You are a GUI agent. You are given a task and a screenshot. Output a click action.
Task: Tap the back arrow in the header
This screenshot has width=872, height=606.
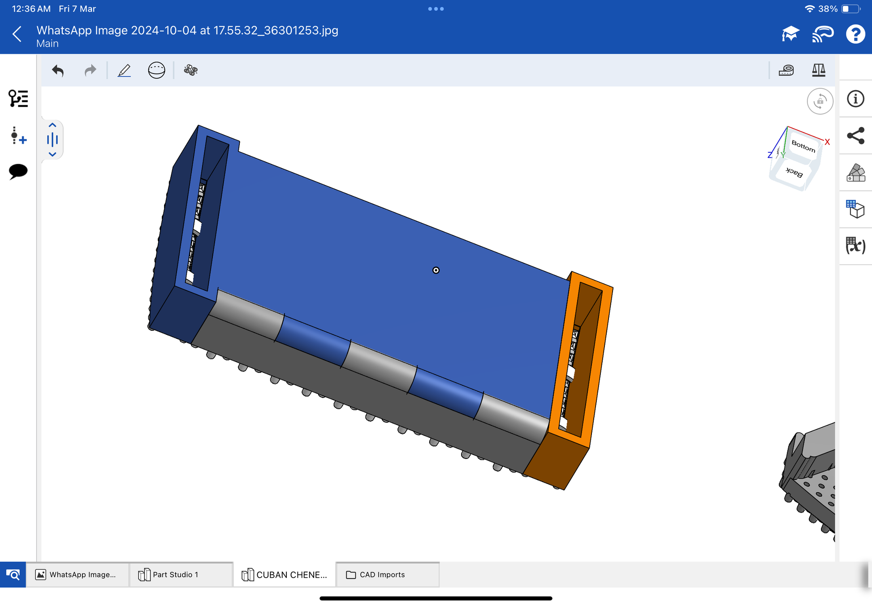click(17, 34)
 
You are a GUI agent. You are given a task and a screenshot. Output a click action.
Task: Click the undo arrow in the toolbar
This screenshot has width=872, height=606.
click(58, 70)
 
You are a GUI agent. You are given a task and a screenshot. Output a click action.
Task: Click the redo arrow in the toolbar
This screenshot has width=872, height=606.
click(91, 70)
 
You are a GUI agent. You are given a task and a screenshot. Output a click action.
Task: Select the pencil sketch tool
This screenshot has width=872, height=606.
click(124, 70)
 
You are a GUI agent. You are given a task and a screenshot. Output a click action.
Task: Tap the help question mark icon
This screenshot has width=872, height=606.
click(855, 34)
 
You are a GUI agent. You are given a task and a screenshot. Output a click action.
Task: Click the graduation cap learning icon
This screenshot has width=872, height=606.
click(790, 34)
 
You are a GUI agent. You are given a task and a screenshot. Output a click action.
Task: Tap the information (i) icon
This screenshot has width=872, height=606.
click(855, 99)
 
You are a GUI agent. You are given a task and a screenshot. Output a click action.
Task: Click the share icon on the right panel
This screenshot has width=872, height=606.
click(855, 136)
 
